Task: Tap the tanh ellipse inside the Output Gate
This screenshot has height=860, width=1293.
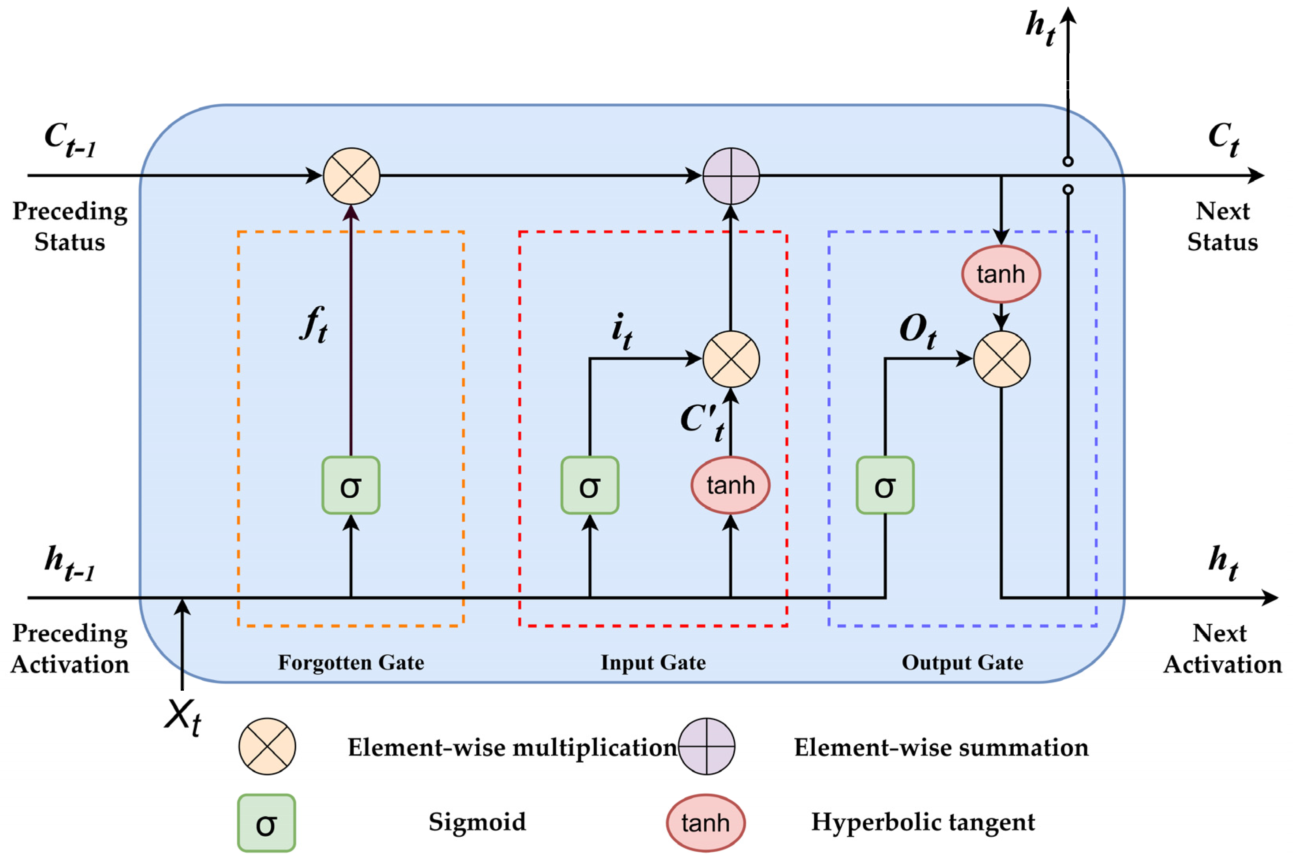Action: (x=1001, y=274)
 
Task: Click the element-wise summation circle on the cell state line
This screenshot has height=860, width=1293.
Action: (x=731, y=176)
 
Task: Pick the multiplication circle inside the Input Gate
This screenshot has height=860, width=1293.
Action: (x=731, y=359)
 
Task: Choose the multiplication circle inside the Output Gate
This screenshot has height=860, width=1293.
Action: (x=1001, y=359)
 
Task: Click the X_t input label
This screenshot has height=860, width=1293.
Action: (x=183, y=718)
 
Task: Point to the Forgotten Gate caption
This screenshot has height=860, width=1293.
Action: (x=351, y=663)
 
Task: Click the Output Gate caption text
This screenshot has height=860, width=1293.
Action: (x=962, y=663)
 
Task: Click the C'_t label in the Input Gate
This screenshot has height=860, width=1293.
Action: (x=702, y=421)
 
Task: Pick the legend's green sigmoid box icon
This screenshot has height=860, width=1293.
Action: (x=266, y=823)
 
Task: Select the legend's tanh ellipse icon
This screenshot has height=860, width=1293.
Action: (x=705, y=823)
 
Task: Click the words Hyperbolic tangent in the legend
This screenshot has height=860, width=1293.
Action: (x=923, y=822)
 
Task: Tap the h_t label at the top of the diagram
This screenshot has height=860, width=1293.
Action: (x=1040, y=28)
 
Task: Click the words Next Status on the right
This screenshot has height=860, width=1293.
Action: (x=1222, y=226)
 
